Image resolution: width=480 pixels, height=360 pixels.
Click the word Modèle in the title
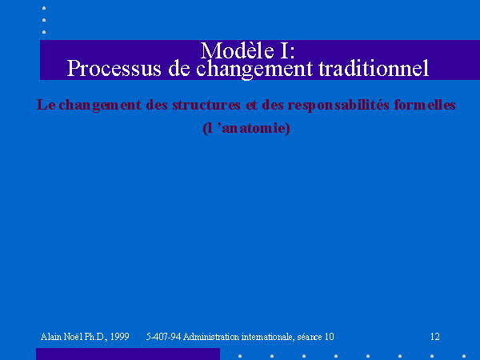click(x=238, y=50)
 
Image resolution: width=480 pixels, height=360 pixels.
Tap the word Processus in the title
click(x=114, y=68)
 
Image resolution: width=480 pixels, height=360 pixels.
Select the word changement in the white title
click(x=254, y=69)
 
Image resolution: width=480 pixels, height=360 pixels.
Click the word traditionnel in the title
click(x=374, y=68)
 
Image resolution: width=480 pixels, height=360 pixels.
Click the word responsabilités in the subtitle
click(x=338, y=106)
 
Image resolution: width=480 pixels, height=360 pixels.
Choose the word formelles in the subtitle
click(x=425, y=105)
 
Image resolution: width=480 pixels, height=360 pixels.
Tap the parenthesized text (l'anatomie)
click(x=246, y=128)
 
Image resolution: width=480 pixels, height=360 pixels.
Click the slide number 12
click(x=435, y=337)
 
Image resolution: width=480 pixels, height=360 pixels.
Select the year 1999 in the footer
click(x=119, y=337)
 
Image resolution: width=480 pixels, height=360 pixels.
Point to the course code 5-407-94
click(x=164, y=337)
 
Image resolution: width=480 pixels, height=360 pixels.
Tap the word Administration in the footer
click(x=211, y=337)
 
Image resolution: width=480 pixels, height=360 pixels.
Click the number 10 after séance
click(x=329, y=337)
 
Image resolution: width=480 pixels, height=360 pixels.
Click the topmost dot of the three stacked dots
click(x=44, y=8)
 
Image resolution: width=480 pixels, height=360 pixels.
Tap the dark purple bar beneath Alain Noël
click(x=128, y=354)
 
